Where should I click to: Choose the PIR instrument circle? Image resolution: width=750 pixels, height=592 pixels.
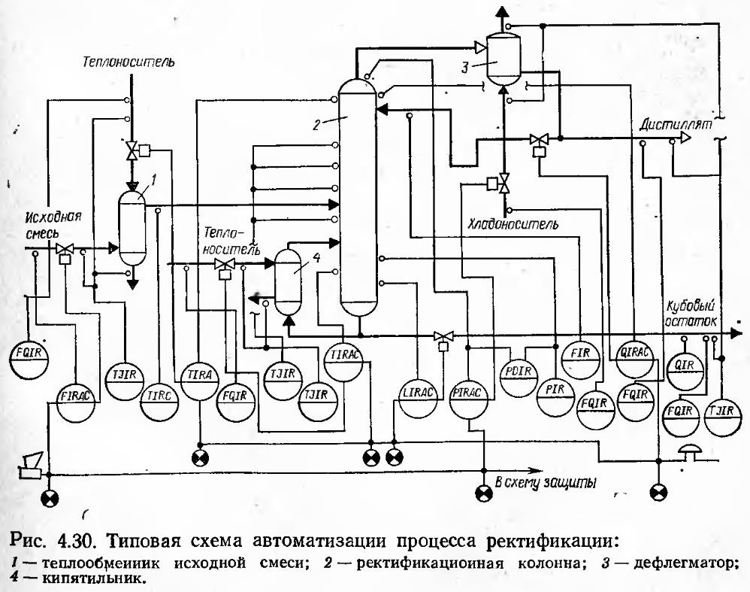coord(556,390)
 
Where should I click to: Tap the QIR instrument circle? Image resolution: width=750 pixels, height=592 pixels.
coord(685,366)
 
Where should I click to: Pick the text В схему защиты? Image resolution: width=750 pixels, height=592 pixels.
coord(546,483)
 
